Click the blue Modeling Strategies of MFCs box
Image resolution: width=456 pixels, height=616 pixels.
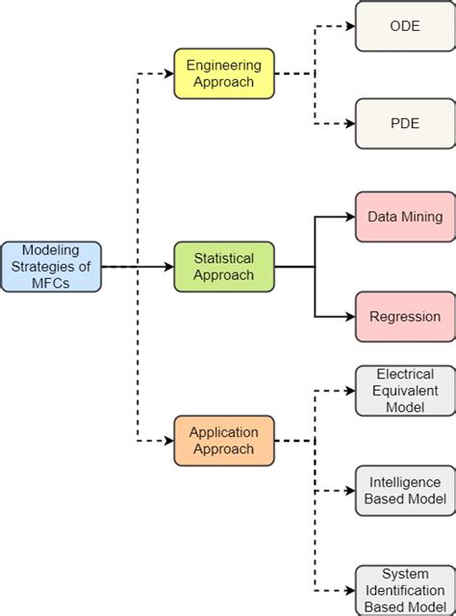[51, 267]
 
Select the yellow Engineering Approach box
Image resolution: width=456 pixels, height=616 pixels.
[224, 73]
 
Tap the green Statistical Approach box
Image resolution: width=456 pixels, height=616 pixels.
[224, 267]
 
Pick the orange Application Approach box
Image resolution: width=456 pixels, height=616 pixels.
[224, 441]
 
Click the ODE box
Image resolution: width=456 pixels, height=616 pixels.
[405, 26]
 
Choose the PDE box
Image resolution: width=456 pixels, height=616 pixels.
[405, 123]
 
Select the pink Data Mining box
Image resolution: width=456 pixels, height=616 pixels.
[405, 217]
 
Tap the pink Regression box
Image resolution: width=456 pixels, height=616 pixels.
[405, 316]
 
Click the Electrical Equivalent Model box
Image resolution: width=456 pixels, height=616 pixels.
[405, 391]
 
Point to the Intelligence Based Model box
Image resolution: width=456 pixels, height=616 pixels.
[405, 490]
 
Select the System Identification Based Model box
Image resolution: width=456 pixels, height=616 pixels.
[405, 589]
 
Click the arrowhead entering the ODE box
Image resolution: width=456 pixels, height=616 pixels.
[349, 26]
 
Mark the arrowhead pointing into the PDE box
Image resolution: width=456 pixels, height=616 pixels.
[349, 123]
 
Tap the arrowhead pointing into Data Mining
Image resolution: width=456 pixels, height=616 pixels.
[349, 217]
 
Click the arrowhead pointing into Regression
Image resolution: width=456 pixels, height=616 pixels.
[349, 316]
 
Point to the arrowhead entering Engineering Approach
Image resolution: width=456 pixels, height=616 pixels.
[168, 73]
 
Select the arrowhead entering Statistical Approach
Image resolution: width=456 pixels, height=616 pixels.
[168, 267]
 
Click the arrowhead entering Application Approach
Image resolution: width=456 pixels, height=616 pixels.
[168, 441]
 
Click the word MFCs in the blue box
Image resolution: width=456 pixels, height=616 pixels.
[51, 283]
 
